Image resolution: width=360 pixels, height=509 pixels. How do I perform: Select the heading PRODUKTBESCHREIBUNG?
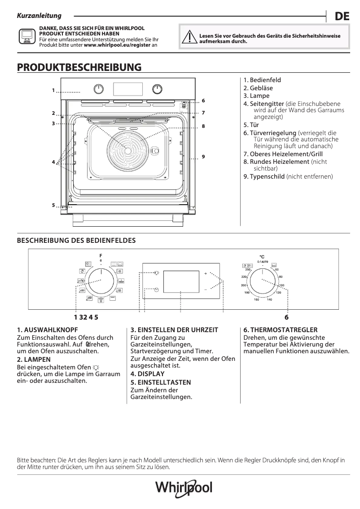[79, 67]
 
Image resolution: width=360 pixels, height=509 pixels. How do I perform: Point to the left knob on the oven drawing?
[99, 88]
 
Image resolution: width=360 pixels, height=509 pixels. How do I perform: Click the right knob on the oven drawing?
[157, 88]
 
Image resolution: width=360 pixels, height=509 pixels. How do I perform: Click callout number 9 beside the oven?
[203, 156]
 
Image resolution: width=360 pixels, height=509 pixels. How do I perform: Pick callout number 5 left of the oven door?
[53, 205]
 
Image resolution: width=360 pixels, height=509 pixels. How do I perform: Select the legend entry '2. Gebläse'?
[258, 88]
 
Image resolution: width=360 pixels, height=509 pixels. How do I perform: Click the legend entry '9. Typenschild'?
[288, 176]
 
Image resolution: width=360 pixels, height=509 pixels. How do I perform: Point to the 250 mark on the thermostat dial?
[248, 269]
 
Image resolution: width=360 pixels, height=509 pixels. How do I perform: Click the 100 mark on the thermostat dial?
[281, 285]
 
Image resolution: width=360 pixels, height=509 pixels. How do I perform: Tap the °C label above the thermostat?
[262, 257]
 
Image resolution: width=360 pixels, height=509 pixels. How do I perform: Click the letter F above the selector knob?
[101, 256]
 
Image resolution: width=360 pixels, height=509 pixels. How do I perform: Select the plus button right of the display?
[206, 273]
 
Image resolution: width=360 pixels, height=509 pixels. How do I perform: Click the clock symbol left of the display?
[156, 290]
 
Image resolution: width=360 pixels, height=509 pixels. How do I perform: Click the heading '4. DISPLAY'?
[147, 373]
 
